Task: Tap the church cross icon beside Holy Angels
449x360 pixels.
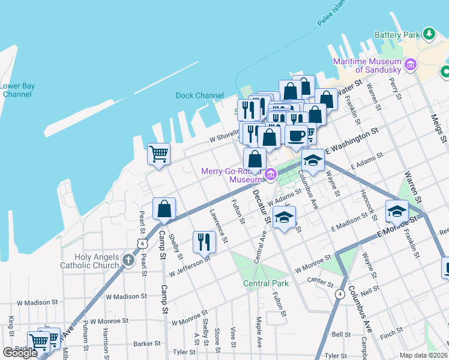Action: [x=128, y=260]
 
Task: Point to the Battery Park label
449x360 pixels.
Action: [x=397, y=35]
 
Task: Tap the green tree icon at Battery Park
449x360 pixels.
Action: [x=429, y=34]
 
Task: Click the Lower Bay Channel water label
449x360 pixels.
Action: [x=17, y=90]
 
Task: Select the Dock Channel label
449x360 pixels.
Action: [x=199, y=95]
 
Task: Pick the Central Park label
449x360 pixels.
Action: [x=265, y=283]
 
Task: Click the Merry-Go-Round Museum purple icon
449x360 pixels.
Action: [x=271, y=175]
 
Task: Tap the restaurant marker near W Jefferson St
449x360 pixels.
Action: [x=204, y=241]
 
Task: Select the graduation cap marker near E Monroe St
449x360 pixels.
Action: [x=397, y=211]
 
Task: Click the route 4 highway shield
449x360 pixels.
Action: [x=340, y=294]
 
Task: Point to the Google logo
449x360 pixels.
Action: [x=20, y=353]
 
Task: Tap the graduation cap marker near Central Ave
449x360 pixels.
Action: [x=285, y=217]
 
